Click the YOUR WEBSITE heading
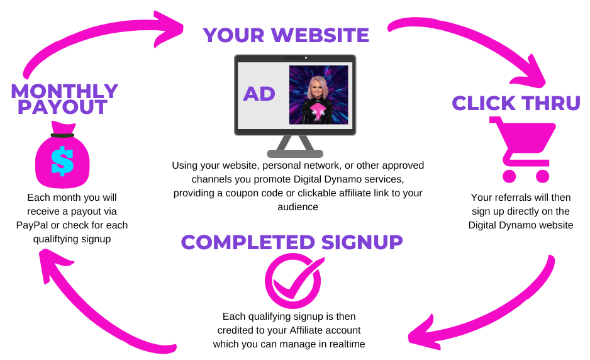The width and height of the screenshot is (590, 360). pyautogui.click(x=286, y=35)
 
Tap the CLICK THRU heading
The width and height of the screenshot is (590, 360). pyautogui.click(x=516, y=103)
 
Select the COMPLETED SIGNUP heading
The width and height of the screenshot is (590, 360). pyautogui.click(x=292, y=242)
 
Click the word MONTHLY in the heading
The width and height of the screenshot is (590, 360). pyautogui.click(x=65, y=91)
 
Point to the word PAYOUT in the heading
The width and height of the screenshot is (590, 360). pyautogui.click(x=62, y=107)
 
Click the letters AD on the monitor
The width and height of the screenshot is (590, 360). pyautogui.click(x=259, y=94)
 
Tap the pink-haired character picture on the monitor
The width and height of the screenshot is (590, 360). pyautogui.click(x=318, y=94)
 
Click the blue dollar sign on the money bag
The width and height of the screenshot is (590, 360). pyautogui.click(x=62, y=160)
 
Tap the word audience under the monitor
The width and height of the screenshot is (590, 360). pyautogui.click(x=299, y=206)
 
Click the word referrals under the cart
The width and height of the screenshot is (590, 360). pyautogui.click(x=513, y=198)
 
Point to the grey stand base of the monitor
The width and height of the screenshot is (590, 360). pyautogui.click(x=295, y=153)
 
